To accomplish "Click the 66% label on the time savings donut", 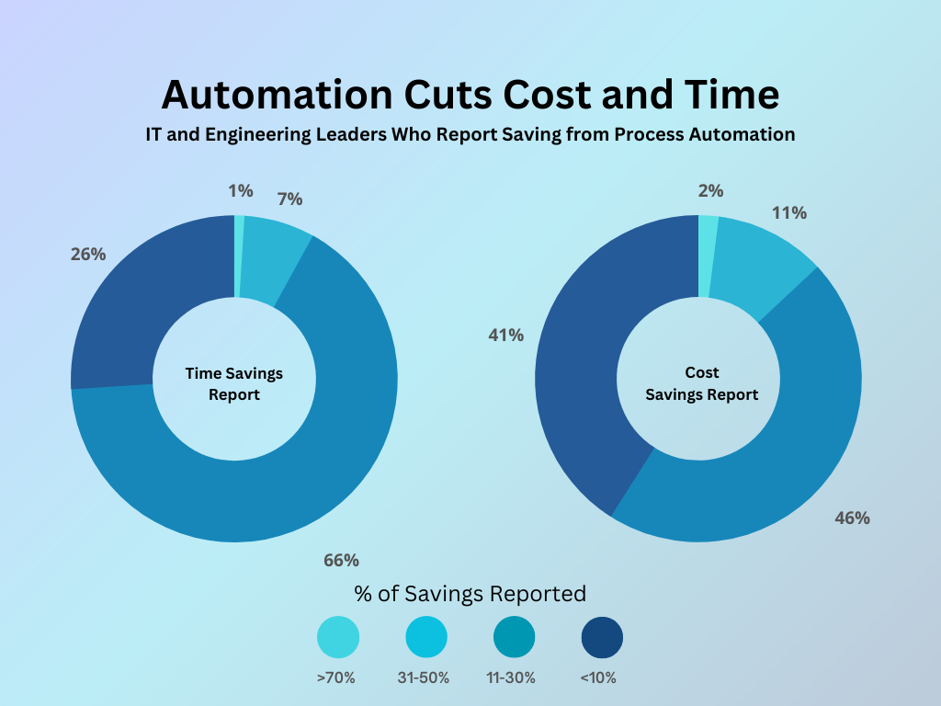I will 341,560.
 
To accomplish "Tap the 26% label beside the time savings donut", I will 88,255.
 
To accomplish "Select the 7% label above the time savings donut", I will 289,199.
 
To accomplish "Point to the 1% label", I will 240,191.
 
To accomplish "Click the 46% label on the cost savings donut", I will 852,518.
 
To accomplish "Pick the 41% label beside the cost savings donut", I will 505,336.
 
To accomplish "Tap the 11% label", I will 789,213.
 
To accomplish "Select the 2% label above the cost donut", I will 710,191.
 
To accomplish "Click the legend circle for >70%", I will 338,637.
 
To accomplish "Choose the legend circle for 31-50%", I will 426,637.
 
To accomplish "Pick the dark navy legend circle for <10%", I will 603,637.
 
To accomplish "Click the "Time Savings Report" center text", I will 234,384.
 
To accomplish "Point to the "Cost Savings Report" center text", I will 702,384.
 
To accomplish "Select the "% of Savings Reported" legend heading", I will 470,593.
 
